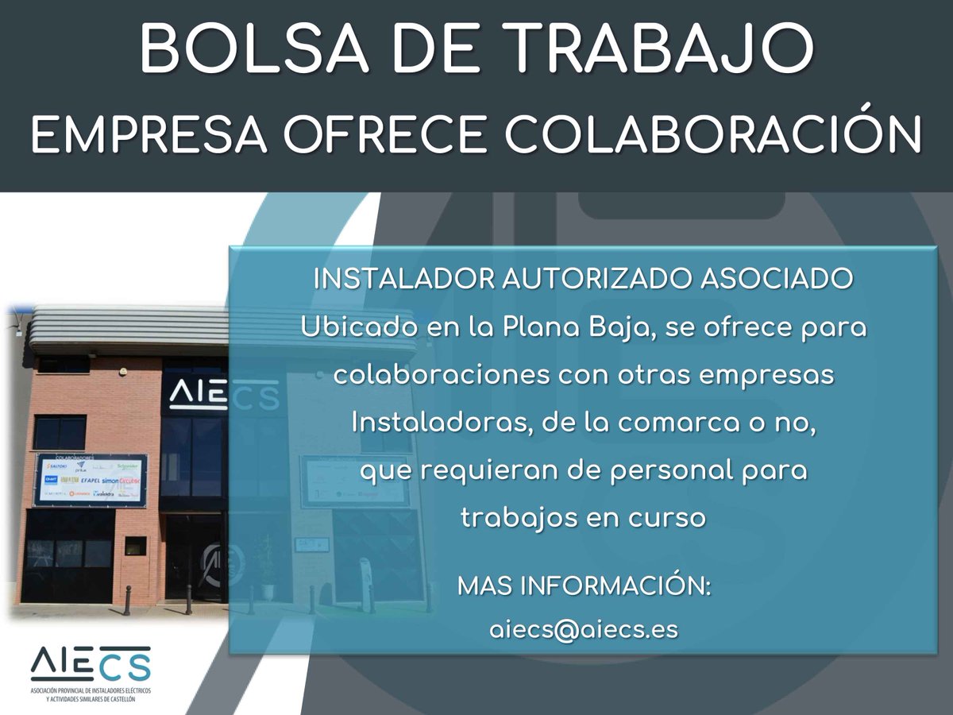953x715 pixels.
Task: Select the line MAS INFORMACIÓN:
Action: [584, 588]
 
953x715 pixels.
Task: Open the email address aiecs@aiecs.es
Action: [584, 629]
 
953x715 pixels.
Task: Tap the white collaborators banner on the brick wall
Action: [93, 479]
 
